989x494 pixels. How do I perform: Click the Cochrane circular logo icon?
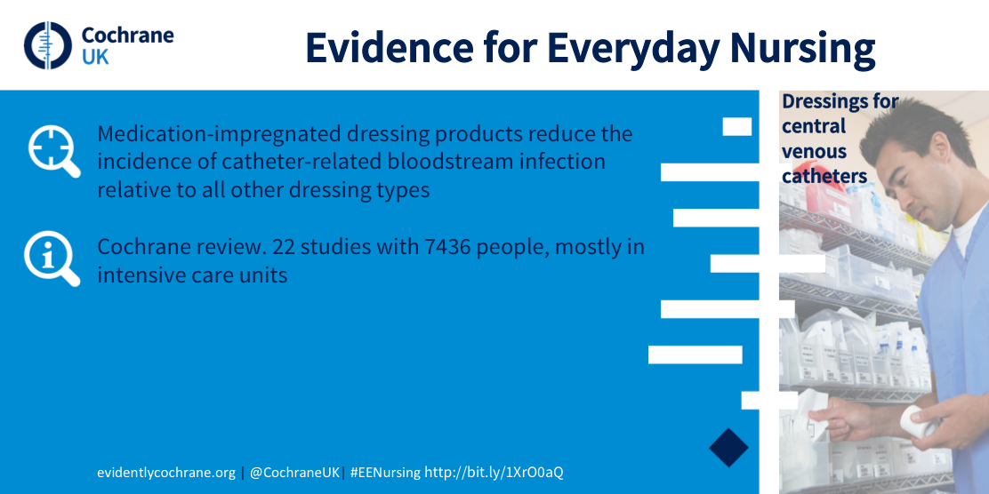coord(48,45)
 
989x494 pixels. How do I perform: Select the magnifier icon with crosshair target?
coord(54,151)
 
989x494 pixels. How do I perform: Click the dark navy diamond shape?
coord(728,448)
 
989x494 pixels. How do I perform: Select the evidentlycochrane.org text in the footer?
coord(166,473)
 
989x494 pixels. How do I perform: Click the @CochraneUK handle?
coord(294,473)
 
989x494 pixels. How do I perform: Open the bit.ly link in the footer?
coord(494,473)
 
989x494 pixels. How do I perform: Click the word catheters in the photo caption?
coord(824,177)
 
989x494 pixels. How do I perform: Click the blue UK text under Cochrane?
coord(95,58)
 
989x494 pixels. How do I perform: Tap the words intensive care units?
coord(192,275)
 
